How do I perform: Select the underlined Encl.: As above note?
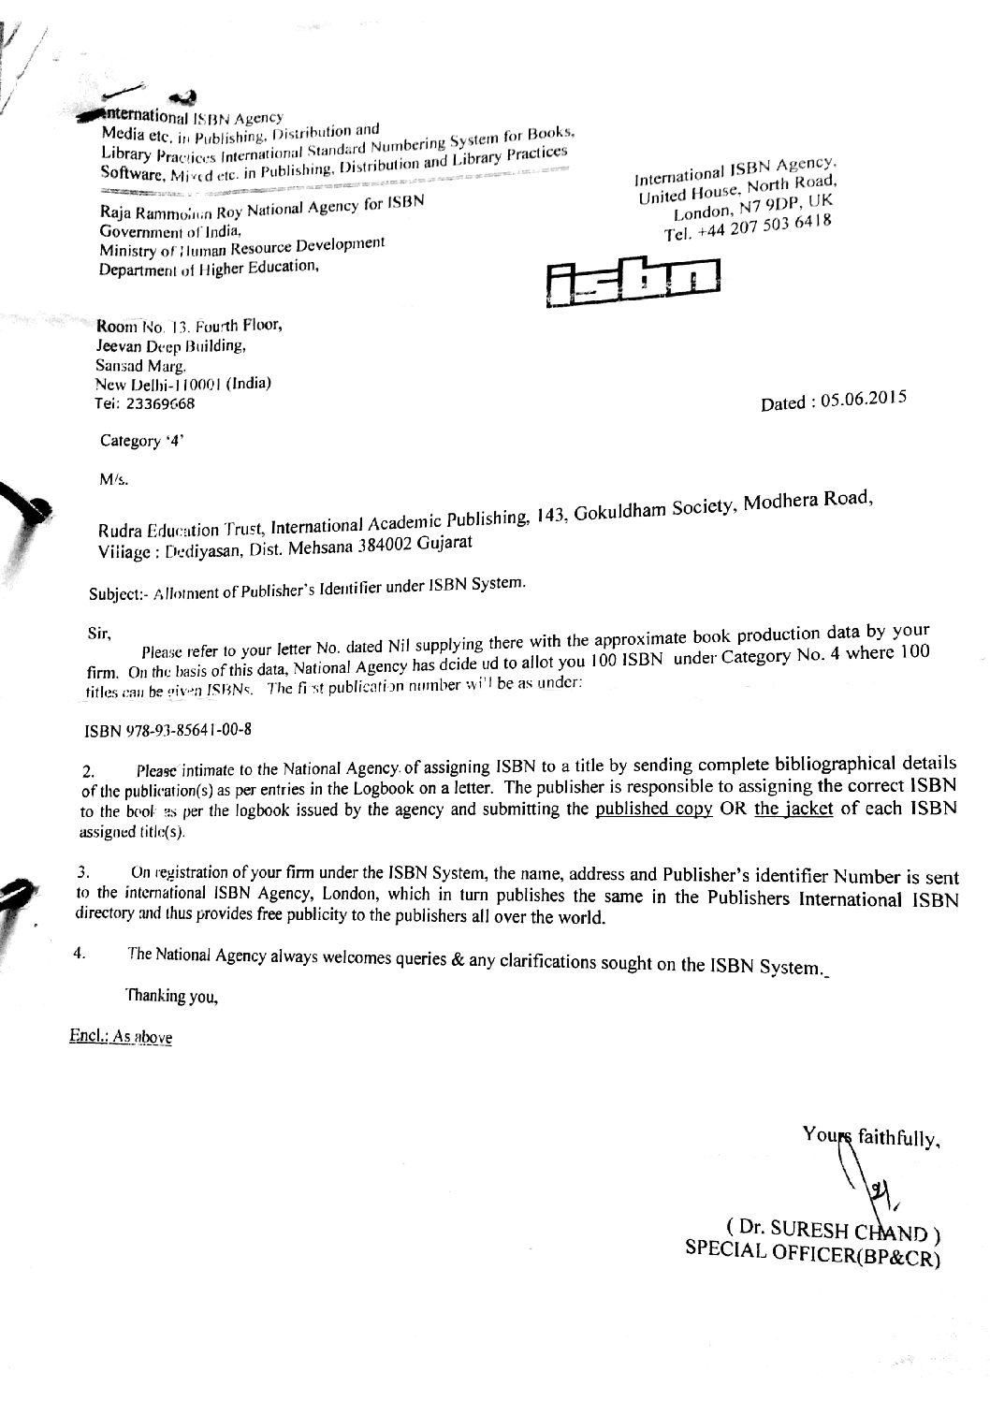click(121, 1037)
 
